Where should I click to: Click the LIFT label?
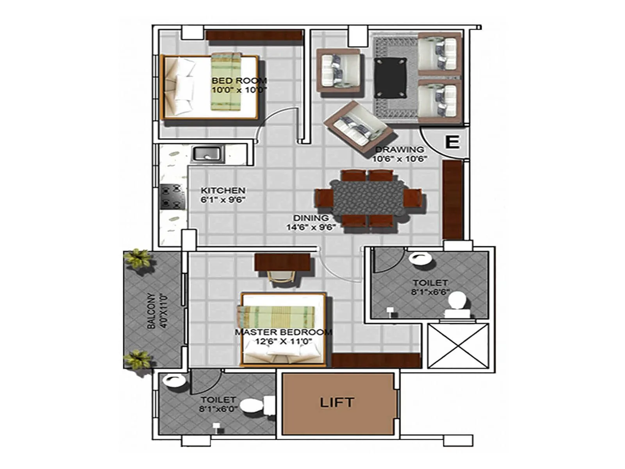[x=337, y=403]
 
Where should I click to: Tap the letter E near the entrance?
[x=452, y=142]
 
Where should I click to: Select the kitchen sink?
[x=207, y=153]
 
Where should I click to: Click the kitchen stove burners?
[x=172, y=197]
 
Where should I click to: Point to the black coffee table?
[x=390, y=78]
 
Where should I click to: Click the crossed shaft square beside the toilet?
[x=458, y=345]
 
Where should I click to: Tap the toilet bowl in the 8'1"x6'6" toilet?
[x=456, y=303]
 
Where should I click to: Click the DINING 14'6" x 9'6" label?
[x=311, y=222]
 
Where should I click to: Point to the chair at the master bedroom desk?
[x=280, y=278]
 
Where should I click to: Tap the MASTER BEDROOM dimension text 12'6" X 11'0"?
[x=283, y=341]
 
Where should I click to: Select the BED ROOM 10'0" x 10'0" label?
[x=239, y=85]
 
